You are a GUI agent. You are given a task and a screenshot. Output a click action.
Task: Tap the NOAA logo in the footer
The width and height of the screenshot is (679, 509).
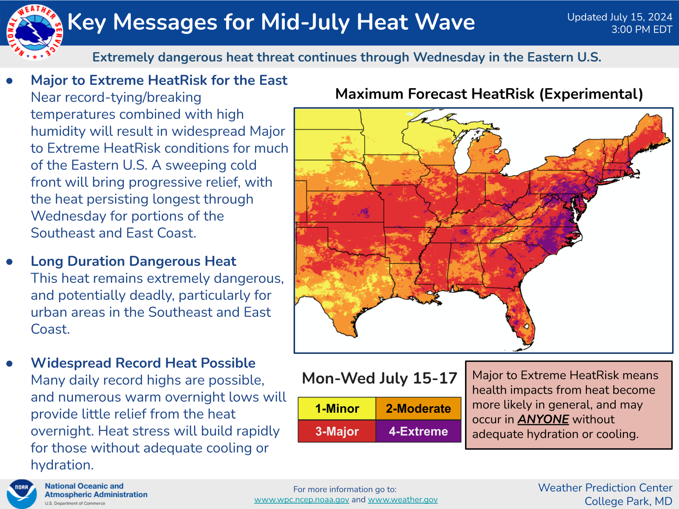click(x=21, y=494)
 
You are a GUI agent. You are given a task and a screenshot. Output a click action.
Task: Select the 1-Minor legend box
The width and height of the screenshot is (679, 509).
click(x=337, y=408)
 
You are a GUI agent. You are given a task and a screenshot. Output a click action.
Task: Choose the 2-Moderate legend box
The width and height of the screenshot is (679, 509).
click(x=418, y=408)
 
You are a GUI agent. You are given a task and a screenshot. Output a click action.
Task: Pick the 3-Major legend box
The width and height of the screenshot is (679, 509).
click(x=337, y=431)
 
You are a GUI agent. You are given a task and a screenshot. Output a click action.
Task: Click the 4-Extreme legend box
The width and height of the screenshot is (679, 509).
click(x=418, y=431)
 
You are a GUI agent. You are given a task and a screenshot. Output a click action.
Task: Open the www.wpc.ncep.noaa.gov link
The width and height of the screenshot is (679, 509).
click(x=302, y=500)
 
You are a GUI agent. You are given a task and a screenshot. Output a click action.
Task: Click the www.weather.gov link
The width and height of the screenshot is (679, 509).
click(x=403, y=500)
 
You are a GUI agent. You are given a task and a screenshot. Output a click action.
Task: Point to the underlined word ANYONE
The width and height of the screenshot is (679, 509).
click(x=543, y=420)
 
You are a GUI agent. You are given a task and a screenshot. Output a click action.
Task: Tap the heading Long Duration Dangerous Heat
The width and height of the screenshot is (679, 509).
click(x=133, y=261)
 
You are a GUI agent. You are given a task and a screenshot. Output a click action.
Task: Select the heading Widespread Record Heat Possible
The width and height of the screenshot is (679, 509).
click(x=143, y=363)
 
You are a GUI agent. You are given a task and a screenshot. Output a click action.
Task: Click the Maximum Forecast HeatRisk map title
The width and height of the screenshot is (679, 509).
click(x=489, y=94)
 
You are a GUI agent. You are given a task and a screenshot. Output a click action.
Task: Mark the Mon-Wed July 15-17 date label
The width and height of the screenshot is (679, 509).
click(x=379, y=378)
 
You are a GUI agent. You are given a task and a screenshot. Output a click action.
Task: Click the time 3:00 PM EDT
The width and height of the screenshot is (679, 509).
click(x=642, y=30)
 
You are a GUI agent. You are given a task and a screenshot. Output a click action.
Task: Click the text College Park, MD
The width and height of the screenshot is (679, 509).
click(x=628, y=501)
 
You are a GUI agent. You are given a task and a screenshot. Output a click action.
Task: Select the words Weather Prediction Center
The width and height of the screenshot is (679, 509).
click(x=605, y=488)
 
